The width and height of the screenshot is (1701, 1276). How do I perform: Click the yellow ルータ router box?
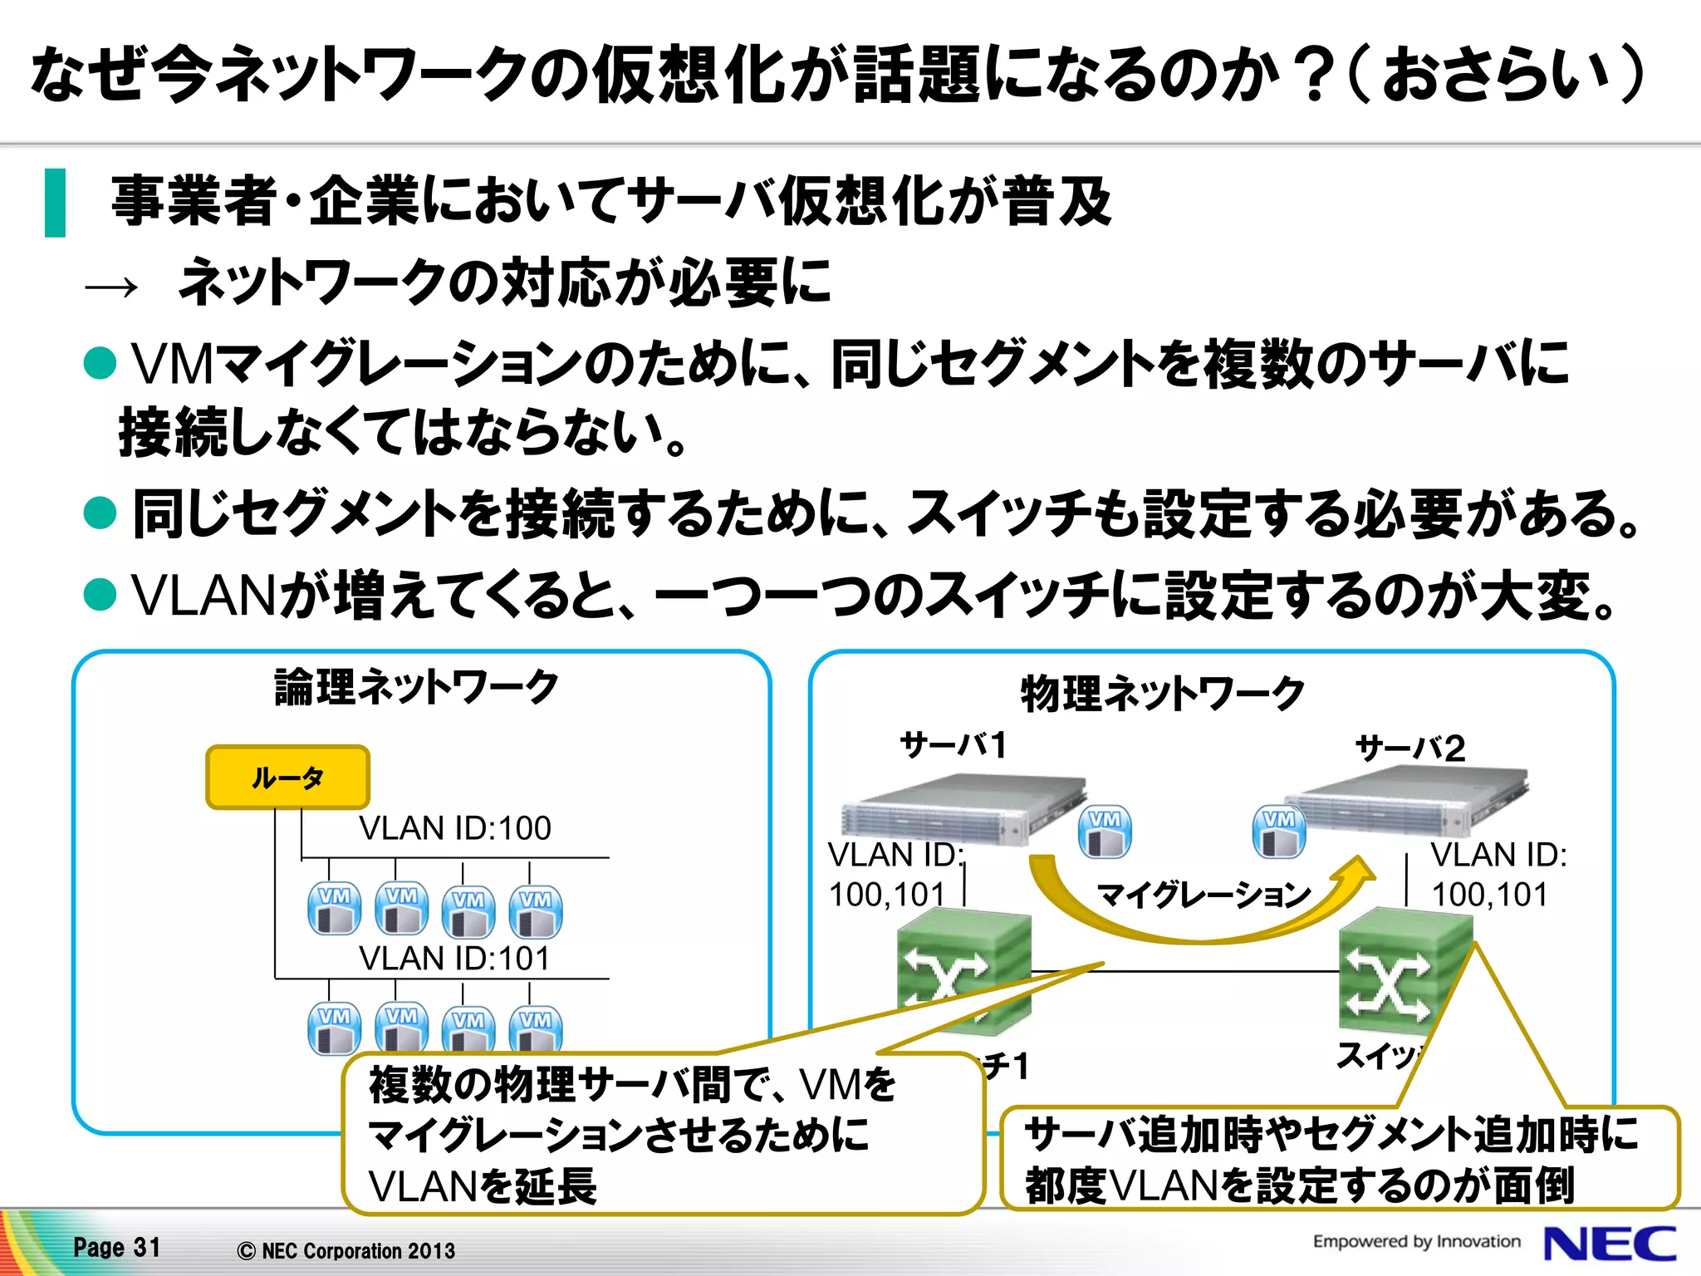[287, 778]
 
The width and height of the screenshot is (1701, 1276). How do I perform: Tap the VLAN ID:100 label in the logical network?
[454, 828]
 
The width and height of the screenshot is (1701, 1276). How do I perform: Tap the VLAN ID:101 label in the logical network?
[454, 958]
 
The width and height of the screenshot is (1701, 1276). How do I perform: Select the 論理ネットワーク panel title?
[417, 687]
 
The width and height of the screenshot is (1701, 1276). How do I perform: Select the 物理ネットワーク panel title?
[1162, 694]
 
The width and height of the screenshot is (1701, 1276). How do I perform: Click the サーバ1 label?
[953, 744]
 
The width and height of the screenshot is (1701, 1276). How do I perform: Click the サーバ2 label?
[1409, 748]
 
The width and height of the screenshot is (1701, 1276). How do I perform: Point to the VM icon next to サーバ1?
[1105, 832]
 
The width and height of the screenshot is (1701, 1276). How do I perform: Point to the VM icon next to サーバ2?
[1278, 832]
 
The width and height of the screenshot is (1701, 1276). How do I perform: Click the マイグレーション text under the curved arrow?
[1203, 895]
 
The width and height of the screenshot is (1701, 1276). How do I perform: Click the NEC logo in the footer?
[1609, 1244]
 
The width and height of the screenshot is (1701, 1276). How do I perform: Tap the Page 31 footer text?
[116, 1247]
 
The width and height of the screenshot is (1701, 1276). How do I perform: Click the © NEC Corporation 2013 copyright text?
[346, 1250]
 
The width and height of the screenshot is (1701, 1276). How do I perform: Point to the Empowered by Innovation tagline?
[1416, 1241]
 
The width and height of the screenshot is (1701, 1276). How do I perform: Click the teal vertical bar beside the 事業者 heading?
[55, 203]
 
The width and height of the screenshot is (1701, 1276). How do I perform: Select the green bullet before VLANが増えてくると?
[100, 595]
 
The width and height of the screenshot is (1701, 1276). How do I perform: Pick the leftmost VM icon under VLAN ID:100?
[334, 909]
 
